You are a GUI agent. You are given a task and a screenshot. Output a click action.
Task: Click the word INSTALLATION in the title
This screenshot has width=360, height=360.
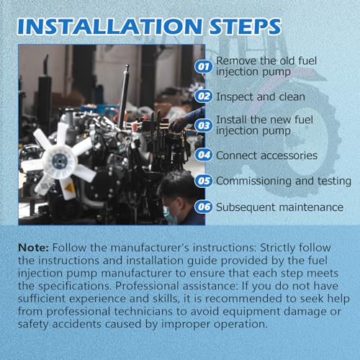click(x=109, y=26)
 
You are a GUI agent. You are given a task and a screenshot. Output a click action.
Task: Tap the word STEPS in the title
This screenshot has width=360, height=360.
click(x=245, y=26)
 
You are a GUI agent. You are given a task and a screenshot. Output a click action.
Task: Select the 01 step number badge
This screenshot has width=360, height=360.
click(x=204, y=66)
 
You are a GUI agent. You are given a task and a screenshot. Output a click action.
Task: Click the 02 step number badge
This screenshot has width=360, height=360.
click(x=204, y=96)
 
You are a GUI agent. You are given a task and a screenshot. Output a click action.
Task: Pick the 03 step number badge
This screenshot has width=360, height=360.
click(x=204, y=125)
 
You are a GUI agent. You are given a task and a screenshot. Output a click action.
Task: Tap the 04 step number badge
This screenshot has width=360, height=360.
click(x=204, y=155)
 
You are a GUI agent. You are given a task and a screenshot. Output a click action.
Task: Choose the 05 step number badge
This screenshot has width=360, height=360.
click(x=204, y=181)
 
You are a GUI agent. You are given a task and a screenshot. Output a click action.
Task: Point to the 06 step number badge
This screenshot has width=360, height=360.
click(x=204, y=207)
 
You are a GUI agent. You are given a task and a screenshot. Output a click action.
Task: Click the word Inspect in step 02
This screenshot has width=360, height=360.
click(x=235, y=97)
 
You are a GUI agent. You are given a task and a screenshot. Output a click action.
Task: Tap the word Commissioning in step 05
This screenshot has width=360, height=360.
click(x=254, y=181)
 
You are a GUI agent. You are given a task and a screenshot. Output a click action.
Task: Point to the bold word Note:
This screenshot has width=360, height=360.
click(x=34, y=248)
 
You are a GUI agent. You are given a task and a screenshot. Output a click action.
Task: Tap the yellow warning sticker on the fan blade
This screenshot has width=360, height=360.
click(x=69, y=186)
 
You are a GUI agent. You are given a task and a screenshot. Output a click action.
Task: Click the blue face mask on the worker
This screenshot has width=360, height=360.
click(x=170, y=215)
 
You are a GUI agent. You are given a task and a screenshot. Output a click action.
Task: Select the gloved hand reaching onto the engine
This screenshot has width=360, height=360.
click(x=177, y=124)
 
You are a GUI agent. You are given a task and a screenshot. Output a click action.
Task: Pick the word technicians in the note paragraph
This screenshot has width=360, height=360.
click(x=143, y=312)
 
